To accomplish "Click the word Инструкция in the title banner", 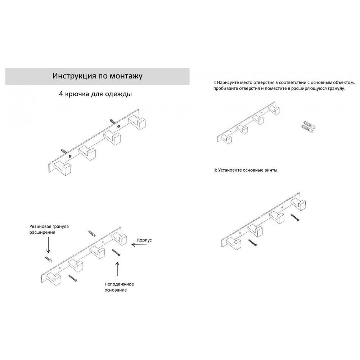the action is [x=75, y=76].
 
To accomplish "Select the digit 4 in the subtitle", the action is [x=61, y=94].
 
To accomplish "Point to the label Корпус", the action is [x=144, y=240].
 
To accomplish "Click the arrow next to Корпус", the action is [x=139, y=245].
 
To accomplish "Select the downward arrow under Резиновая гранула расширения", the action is [x=48, y=245].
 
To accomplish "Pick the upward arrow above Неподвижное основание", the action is [x=117, y=269].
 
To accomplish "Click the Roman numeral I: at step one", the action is [x=215, y=82].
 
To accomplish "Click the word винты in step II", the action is [x=272, y=170].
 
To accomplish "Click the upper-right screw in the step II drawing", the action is [x=295, y=217].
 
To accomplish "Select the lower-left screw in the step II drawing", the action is [x=253, y=243].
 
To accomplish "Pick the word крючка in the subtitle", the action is [x=77, y=94].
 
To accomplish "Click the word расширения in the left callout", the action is [x=42, y=232].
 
